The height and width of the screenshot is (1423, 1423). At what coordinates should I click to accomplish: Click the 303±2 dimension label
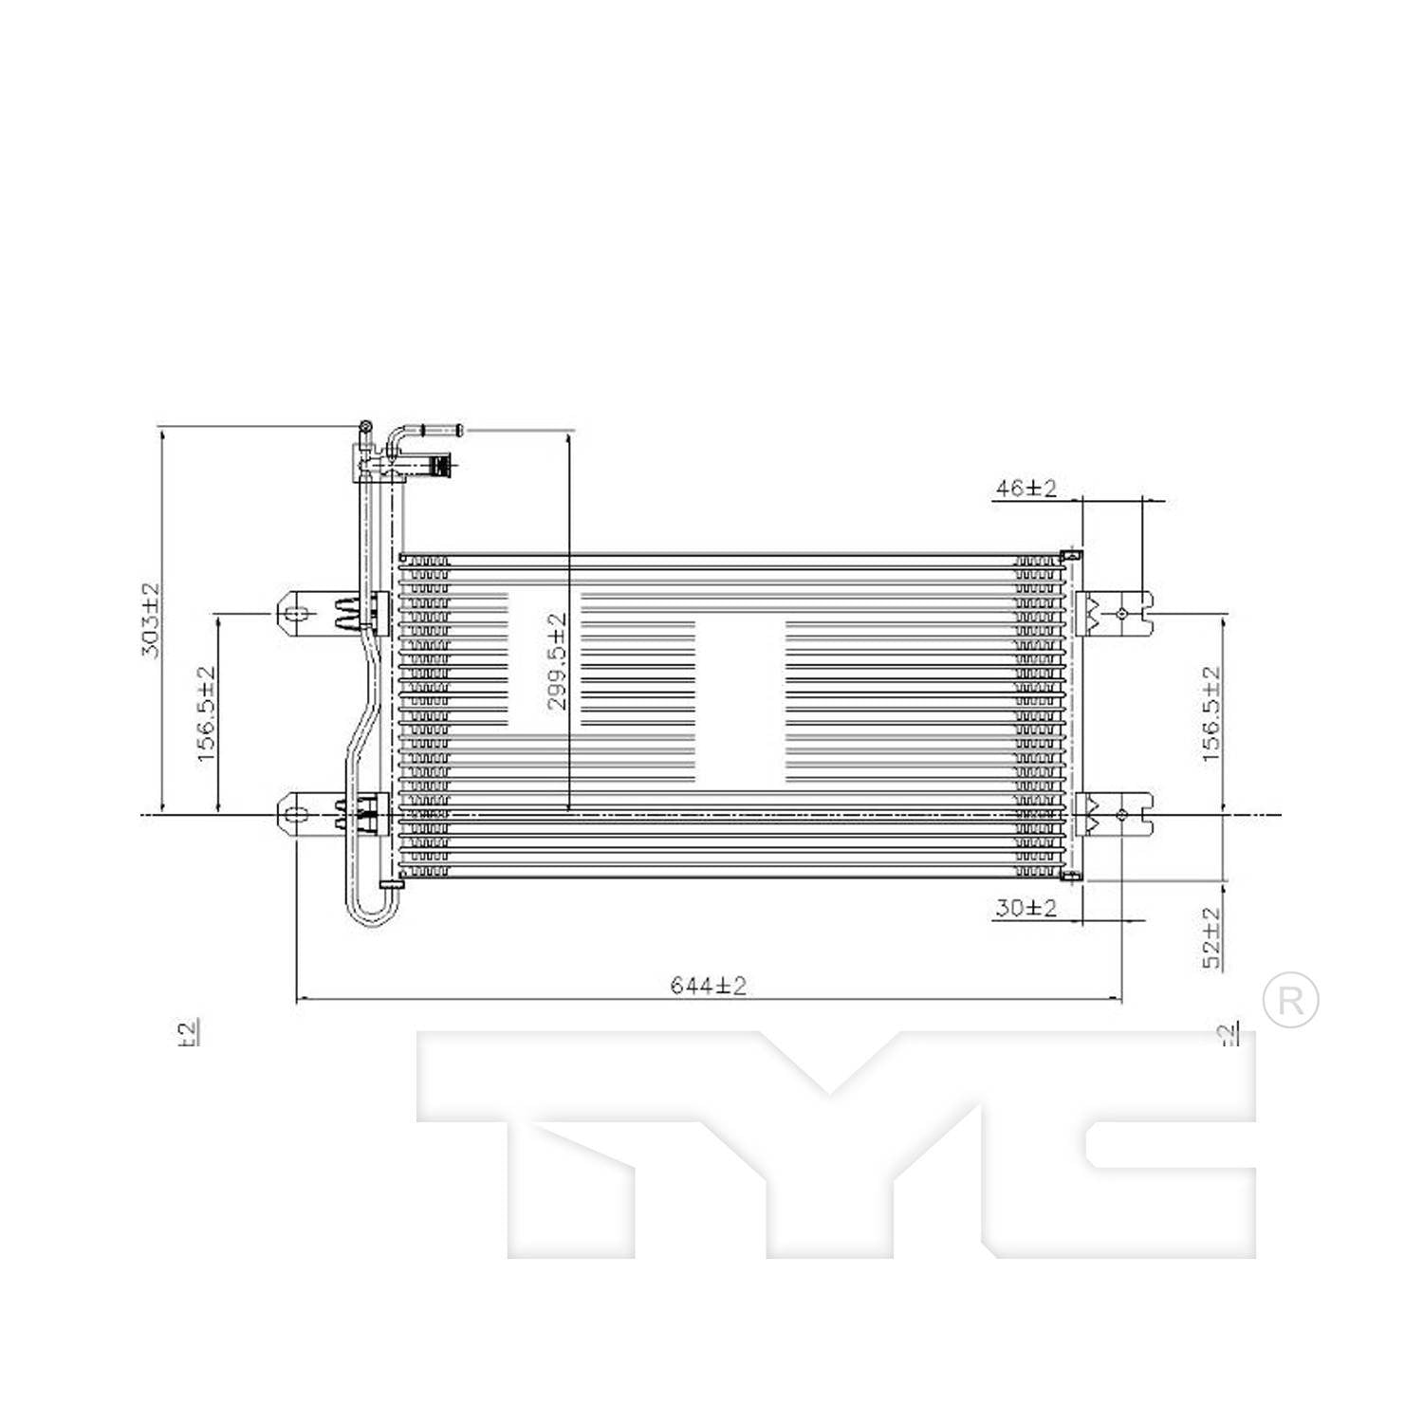coord(150,620)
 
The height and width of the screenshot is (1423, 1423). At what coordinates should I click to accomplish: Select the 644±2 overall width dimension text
coord(709,986)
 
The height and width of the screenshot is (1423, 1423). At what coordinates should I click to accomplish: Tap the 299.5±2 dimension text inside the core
coord(557,661)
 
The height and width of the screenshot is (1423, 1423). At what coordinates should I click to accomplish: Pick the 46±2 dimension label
coord(1026,489)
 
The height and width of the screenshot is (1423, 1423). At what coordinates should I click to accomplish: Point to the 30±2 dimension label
coord(1026,908)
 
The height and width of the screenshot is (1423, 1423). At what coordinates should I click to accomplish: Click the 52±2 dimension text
coord(1211,937)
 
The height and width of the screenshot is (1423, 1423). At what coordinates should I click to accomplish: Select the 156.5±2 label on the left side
coord(207,714)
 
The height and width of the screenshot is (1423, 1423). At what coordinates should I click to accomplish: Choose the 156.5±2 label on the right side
coord(1211,714)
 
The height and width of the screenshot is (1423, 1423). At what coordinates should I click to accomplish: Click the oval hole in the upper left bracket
coord(297,613)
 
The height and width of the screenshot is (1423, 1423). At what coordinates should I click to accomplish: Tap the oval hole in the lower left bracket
coord(297,814)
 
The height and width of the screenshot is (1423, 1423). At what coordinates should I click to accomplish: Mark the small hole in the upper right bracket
coord(1122,614)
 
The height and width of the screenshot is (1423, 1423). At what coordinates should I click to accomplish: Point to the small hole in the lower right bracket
coord(1122,814)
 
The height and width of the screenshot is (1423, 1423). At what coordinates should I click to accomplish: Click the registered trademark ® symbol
coord(1290,1000)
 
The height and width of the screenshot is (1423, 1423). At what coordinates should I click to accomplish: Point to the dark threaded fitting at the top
coord(440,466)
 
